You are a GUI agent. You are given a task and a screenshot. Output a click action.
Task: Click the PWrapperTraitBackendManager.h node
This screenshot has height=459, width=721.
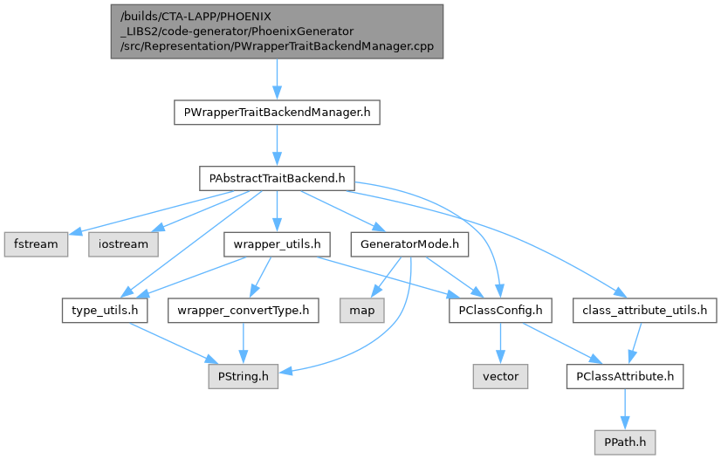[x=277, y=113]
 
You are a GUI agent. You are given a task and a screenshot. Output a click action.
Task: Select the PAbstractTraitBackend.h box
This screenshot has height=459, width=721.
[x=277, y=178]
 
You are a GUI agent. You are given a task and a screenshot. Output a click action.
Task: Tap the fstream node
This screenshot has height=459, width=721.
[x=35, y=243]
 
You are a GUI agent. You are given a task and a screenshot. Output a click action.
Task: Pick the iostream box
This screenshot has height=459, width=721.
[x=124, y=243]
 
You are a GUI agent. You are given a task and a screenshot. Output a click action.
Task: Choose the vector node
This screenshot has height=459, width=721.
[x=499, y=376]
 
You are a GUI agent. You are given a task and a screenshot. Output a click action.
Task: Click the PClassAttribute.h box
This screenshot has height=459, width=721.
[x=624, y=376]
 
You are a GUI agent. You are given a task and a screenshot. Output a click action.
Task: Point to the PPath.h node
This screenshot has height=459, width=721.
[x=624, y=442]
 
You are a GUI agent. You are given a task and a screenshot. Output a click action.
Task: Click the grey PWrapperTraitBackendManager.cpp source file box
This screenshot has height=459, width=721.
[x=277, y=31]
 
